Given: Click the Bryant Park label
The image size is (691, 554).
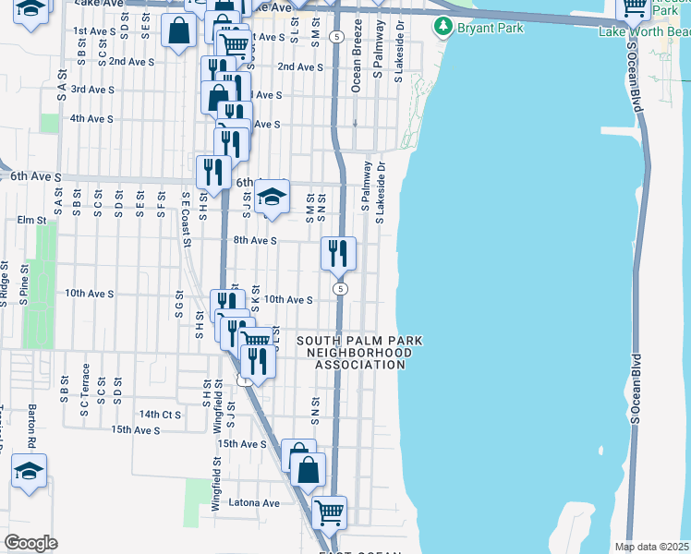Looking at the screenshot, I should pyautogui.click(x=491, y=28).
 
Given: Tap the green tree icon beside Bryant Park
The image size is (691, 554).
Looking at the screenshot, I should pyautogui.click(x=446, y=28).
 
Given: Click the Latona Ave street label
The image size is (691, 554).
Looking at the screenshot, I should pyautogui.click(x=258, y=503).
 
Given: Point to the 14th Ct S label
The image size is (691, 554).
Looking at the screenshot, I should pyautogui.click(x=159, y=415).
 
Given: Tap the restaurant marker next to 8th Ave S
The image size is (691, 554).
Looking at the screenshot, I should pyautogui.click(x=338, y=252).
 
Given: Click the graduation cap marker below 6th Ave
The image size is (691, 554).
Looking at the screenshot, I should pyautogui.click(x=272, y=198).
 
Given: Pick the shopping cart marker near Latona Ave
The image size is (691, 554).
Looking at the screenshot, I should pyautogui.click(x=329, y=512).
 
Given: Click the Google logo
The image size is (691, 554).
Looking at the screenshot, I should pyautogui.click(x=31, y=543).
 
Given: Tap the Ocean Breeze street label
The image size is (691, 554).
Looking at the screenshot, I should pyautogui.click(x=357, y=68).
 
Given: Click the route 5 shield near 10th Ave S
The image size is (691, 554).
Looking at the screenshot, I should pyautogui.click(x=341, y=289).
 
